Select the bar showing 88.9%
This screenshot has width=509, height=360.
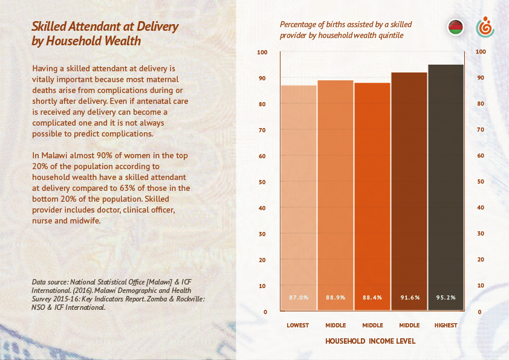tap(336, 196)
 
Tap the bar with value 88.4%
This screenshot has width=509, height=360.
tap(372, 197)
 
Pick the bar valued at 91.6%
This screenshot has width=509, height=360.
tap(409, 192)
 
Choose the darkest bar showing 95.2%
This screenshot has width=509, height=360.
tap(446, 188)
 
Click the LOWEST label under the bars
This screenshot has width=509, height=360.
tap(298, 326)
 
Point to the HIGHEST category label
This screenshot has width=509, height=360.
tap(446, 326)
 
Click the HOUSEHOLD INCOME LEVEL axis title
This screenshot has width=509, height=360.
tap(371, 341)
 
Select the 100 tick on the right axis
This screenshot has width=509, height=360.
tap(481, 52)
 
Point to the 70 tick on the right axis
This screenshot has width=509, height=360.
tap(480, 130)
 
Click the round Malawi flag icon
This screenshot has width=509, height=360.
tap(455, 28)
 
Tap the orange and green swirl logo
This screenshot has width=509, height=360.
tap(485, 27)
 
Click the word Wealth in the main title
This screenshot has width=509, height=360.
tap(122, 41)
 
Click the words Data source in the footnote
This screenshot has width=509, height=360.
tap(50, 282)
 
